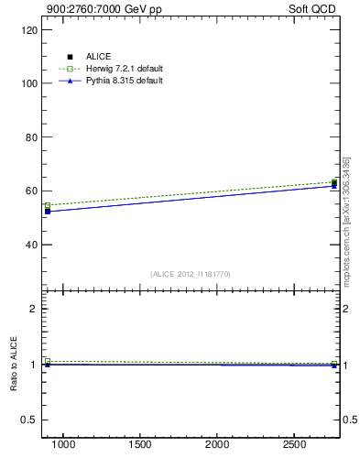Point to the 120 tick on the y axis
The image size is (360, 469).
tap(31, 29)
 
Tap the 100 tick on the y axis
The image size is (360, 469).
tap(31, 83)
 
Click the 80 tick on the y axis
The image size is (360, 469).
tap(33, 137)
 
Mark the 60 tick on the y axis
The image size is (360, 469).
tap(33, 191)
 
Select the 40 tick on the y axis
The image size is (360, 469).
tap(33, 245)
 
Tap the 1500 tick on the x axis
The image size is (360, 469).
tap(141, 444)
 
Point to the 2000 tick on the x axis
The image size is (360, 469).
tap(218, 444)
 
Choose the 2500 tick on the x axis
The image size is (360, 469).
tap(295, 444)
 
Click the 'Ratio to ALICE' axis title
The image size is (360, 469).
tap(14, 364)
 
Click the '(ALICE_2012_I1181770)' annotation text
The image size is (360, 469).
tap(191, 274)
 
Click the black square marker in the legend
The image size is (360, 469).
tap(70, 57)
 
